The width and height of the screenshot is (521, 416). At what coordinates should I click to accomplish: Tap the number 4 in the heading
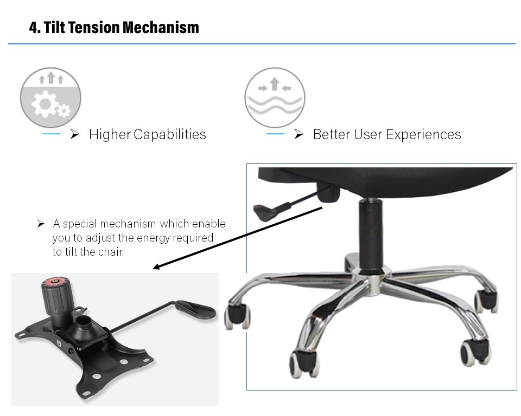(x=33, y=28)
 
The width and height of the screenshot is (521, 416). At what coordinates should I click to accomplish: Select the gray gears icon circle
(x=50, y=97)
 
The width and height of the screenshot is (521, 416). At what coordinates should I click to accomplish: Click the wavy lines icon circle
(x=275, y=97)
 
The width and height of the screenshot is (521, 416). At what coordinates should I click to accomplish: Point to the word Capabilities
(x=170, y=135)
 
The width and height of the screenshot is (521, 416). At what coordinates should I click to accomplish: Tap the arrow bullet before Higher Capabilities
(x=75, y=134)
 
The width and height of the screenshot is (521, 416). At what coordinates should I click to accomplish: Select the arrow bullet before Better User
(x=298, y=134)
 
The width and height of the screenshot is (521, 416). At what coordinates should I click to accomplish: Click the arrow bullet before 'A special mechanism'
(x=41, y=224)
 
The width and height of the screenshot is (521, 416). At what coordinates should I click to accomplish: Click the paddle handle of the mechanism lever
(x=196, y=309)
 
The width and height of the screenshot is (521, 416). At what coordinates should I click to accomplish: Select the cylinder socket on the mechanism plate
(x=82, y=327)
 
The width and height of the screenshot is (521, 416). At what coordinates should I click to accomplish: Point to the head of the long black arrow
(x=156, y=267)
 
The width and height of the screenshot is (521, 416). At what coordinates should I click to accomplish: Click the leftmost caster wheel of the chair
(x=237, y=316)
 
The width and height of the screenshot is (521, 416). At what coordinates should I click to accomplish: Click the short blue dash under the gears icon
(x=51, y=134)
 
